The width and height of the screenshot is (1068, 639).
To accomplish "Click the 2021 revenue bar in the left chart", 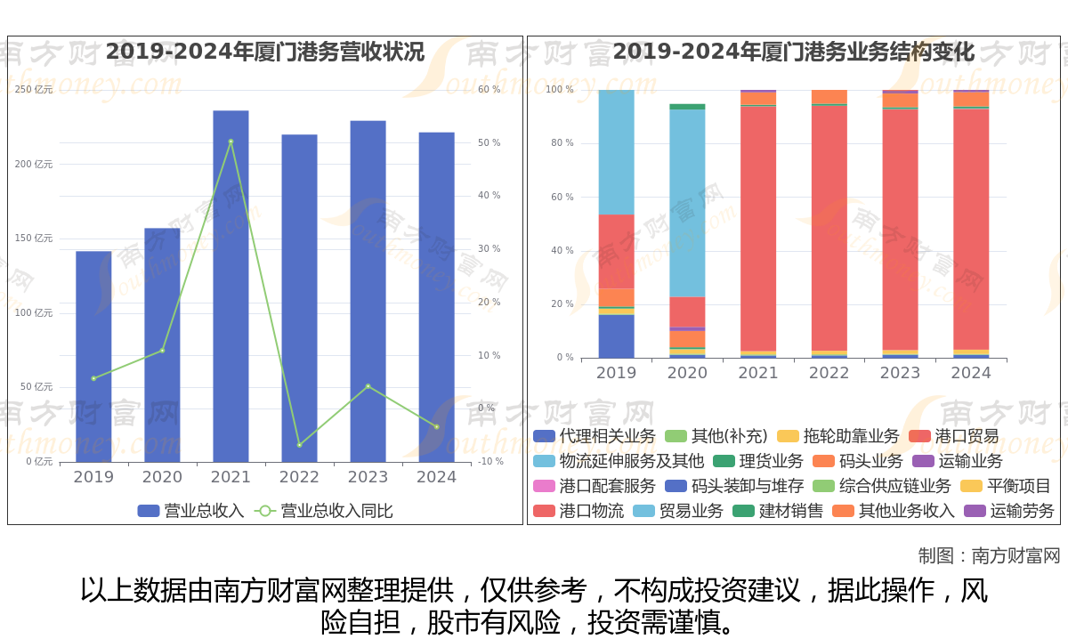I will pos(231,286).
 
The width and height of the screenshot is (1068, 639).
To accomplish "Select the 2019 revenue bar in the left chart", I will pos(93,356).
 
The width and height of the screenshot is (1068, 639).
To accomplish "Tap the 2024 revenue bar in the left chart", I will pos(437,297).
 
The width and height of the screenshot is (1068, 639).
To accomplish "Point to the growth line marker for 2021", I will pos(231,142).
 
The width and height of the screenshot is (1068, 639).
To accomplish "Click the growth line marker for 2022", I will pos(299,445).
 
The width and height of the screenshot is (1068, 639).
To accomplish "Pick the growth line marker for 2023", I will pos(368,386).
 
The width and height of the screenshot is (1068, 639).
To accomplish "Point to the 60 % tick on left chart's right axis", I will pos(489,90).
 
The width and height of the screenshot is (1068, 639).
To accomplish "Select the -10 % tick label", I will pos(490,461).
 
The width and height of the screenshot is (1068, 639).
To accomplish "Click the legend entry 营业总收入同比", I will pos(324,511).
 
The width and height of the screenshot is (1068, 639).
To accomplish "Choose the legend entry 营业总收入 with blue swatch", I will pos(191,511).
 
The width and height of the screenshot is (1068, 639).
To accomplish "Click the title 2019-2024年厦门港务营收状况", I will pos(265,52).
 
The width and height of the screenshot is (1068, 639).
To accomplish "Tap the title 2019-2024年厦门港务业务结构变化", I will pos(793,52).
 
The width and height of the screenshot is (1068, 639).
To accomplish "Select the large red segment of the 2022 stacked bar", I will pos(829,228).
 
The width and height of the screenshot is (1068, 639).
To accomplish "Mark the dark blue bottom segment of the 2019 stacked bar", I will pos(616,336).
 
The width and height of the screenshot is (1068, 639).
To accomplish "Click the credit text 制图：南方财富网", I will pos(989,556).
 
